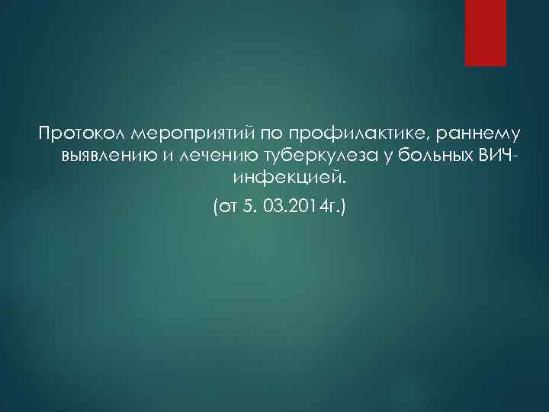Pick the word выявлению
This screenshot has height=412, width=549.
point(103,157)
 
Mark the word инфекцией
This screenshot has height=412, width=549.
point(284,179)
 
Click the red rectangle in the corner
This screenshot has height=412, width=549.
point(486,33)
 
